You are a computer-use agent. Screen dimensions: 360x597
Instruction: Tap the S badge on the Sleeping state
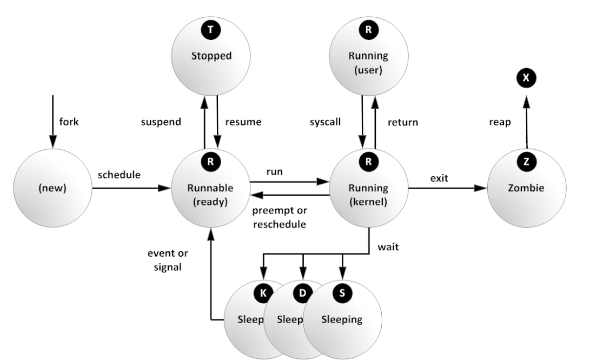point(342,292)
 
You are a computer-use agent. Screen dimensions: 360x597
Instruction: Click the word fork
point(69,122)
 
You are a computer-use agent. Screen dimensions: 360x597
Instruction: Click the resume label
point(243,122)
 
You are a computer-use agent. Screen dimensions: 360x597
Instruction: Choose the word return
point(403,122)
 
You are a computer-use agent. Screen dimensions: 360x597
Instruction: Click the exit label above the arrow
point(439,178)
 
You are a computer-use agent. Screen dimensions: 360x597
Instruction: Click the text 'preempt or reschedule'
point(279,218)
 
